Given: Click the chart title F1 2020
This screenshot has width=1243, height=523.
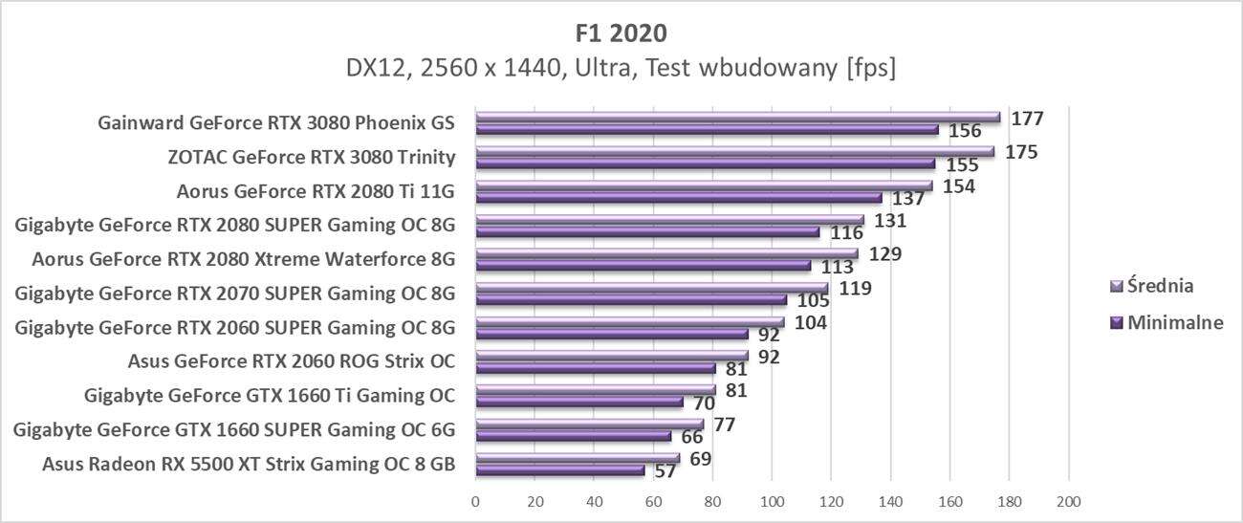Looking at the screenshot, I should (621, 33).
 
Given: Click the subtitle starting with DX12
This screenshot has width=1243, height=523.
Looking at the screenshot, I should (621, 69).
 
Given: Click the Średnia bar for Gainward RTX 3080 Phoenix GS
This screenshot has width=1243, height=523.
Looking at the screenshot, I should (736, 118).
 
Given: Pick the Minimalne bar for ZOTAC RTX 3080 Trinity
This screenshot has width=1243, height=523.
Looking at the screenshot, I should (705, 163).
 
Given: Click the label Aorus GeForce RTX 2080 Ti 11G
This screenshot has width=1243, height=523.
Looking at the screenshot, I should (316, 190).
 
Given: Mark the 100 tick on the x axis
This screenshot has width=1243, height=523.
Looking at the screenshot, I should (772, 500).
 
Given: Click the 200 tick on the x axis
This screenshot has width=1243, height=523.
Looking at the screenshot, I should (1068, 500).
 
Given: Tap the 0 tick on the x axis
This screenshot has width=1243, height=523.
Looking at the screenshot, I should (475, 500).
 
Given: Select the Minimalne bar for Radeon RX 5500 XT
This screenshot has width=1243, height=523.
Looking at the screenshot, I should (560, 470).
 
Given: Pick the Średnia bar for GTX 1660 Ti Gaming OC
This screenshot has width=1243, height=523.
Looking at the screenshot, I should (595, 390).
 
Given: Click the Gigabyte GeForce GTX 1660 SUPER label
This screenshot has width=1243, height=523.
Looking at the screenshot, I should (234, 430).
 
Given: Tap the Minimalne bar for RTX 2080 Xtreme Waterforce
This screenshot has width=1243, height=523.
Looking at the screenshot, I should (643, 266).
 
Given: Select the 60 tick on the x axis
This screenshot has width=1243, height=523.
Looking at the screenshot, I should (653, 500).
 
